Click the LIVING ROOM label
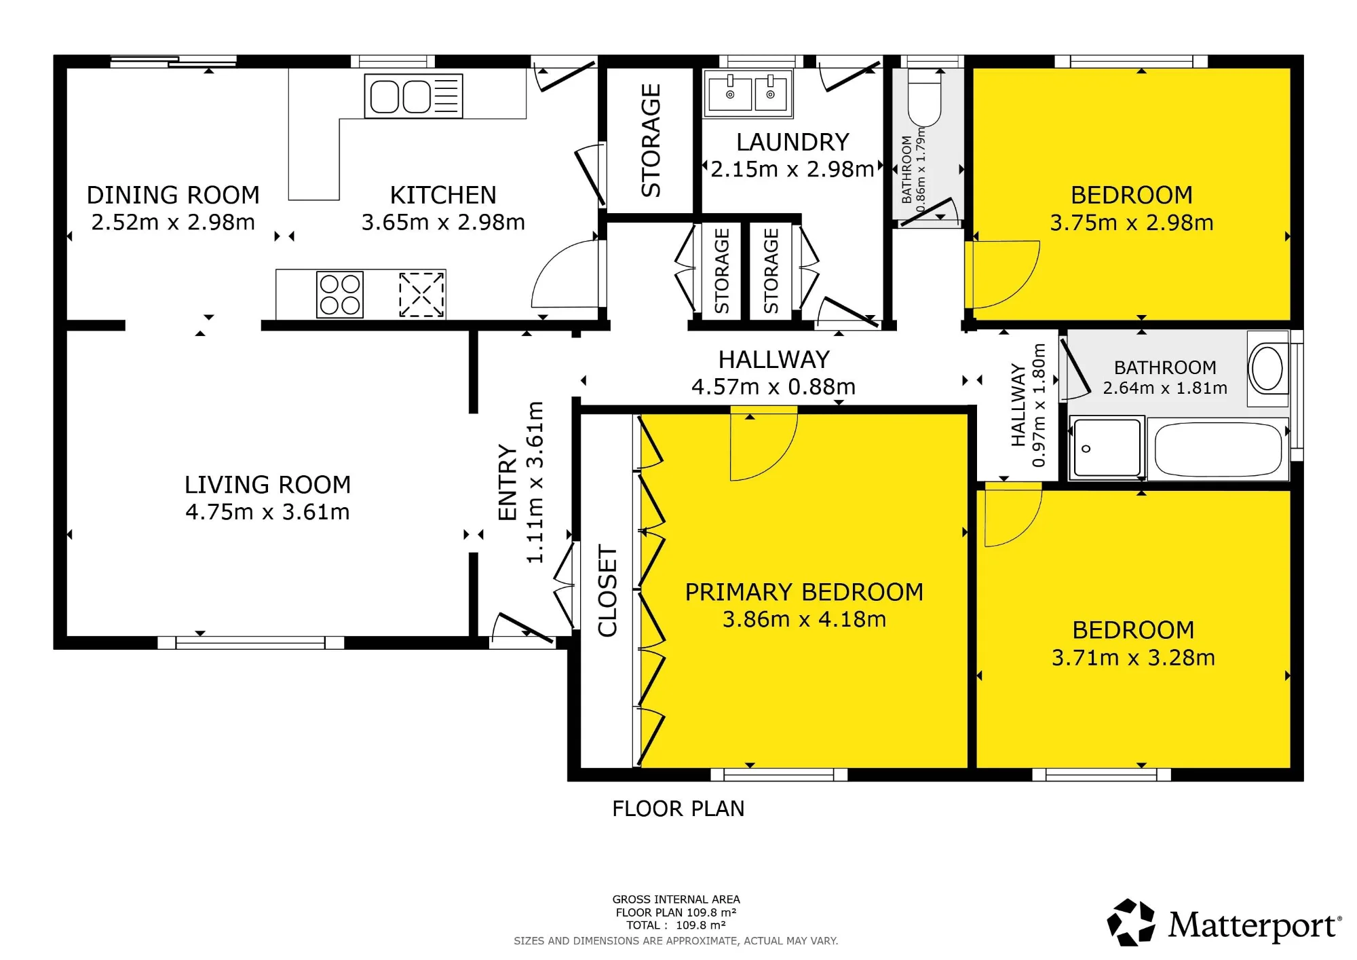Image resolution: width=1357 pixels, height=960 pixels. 268,485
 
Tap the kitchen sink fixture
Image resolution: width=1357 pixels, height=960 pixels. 413,96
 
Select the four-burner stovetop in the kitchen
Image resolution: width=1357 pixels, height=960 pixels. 340,295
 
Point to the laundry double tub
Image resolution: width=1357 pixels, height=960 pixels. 748,93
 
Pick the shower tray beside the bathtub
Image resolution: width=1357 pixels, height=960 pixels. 1106,447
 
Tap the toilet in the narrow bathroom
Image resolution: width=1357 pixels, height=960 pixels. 923,99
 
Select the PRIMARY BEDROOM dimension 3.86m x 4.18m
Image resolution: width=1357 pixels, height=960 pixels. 804,619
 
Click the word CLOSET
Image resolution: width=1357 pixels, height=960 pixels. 607,591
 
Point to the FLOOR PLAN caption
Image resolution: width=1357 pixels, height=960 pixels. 678,809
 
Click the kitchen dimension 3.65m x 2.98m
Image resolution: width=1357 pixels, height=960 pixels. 443,222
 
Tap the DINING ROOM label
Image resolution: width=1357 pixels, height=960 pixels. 173,195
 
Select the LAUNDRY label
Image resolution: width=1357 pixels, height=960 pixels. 792,142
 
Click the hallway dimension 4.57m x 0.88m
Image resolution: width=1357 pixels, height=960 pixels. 773,386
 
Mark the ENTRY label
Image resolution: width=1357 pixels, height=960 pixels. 508,482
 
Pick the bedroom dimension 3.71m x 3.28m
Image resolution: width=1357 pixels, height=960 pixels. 1133,657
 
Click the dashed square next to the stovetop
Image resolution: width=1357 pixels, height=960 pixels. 421,295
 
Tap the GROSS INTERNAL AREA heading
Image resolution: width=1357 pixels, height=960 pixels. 676,899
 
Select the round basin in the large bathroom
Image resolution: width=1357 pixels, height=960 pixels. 1267,369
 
